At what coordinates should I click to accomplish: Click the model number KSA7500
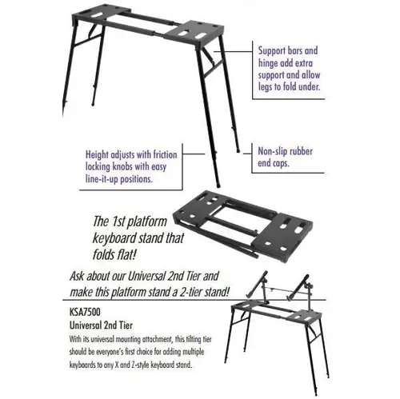[x=85, y=311]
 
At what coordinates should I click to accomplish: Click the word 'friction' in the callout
[x=165, y=154]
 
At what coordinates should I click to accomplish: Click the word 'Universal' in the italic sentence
[x=146, y=276]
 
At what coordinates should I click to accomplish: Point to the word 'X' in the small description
[x=117, y=365]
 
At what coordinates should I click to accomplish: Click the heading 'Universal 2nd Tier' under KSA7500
[x=101, y=325]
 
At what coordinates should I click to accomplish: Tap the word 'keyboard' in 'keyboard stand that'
[x=112, y=238]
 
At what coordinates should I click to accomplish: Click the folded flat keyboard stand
[x=242, y=226]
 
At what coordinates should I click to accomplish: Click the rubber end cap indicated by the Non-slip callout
[x=238, y=151]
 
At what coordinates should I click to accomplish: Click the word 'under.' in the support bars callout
[x=309, y=87]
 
